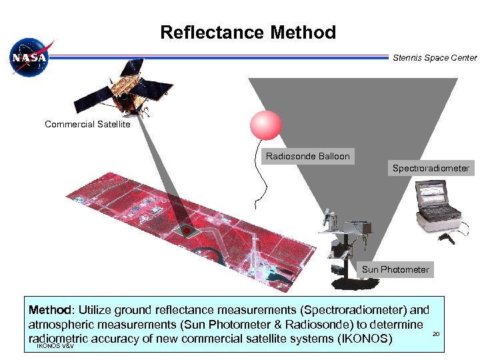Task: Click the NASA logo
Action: [x=28, y=58]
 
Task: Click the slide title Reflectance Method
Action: [x=248, y=32]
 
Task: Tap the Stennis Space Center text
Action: [x=435, y=58]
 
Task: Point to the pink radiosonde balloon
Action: [x=265, y=125]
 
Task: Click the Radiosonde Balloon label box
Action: [x=307, y=157]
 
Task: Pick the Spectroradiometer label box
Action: [x=431, y=168]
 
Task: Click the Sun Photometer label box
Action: [x=396, y=269]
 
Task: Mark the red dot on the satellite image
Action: [x=188, y=231]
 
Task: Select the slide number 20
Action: [x=437, y=333]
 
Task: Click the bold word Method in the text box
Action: [x=51, y=310]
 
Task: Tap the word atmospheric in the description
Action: [x=63, y=325]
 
